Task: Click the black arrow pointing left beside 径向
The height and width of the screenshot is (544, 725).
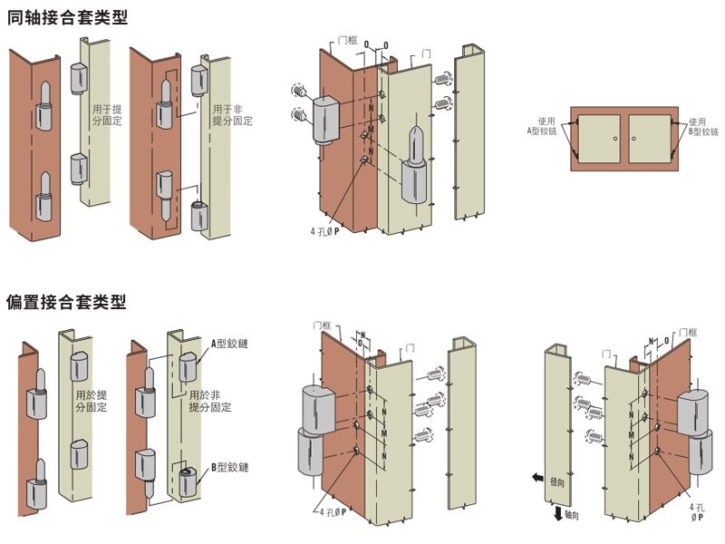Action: coord(537,478)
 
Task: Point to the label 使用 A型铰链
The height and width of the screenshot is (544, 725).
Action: coord(546,126)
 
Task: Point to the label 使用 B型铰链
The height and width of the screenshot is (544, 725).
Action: coord(695,127)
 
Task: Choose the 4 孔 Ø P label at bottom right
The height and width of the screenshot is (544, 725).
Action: coord(697,513)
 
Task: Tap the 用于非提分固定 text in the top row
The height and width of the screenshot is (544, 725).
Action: coord(232,115)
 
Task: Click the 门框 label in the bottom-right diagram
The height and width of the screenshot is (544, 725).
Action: coord(687,333)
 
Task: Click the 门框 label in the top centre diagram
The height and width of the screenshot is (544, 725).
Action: coord(345,41)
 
